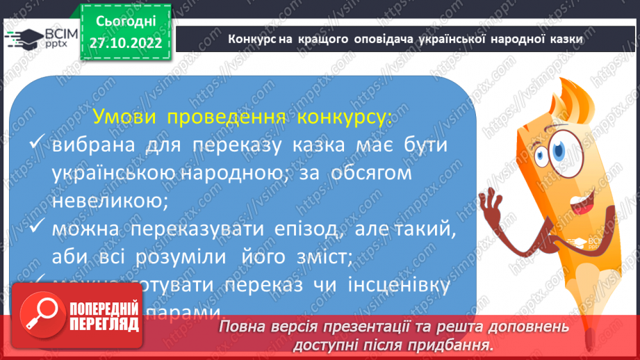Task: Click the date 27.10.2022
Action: tap(125, 42)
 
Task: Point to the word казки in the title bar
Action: tap(564, 40)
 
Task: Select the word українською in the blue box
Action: tap(115, 174)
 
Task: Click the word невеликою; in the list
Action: tap(110, 201)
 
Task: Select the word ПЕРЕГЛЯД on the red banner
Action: tap(104, 324)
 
